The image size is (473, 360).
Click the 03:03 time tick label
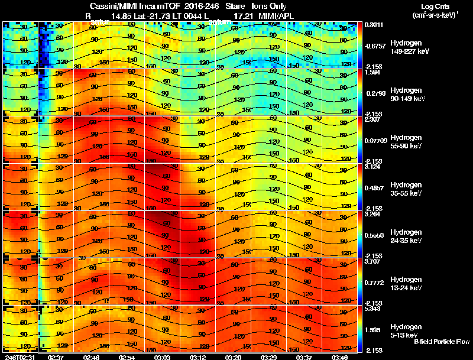coord(163,357)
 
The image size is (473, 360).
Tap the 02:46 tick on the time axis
coord(91,357)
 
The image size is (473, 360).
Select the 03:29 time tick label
coord(268,357)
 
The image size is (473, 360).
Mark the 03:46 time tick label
coord(339,357)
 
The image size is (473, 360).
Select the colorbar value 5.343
coord(374,309)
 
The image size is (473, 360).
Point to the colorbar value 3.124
coord(374,167)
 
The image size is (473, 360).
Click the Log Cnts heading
coord(433,7)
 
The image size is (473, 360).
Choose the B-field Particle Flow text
coord(441,342)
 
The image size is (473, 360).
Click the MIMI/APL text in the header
coord(275,15)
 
